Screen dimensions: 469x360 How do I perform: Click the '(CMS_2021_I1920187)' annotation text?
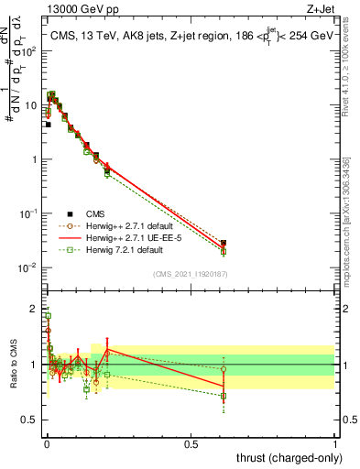pyautogui.click(x=191, y=273)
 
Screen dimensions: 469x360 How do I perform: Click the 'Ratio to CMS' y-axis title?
pyautogui.click(x=13, y=365)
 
